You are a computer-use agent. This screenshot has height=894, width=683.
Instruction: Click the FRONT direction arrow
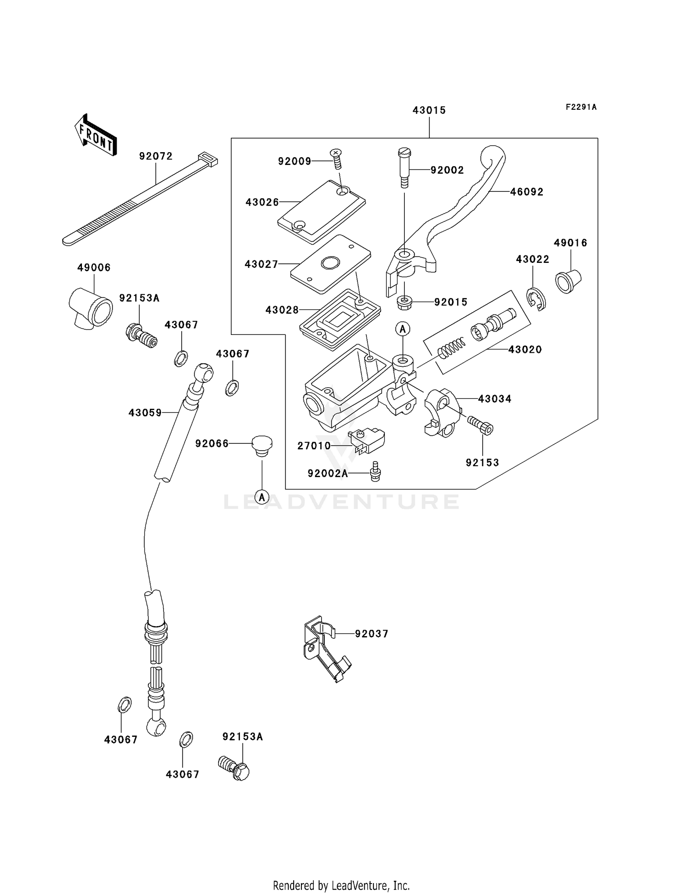(96, 135)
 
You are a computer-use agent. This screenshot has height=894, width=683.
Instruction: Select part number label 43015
(429, 110)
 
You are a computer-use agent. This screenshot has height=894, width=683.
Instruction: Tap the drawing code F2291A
(581, 107)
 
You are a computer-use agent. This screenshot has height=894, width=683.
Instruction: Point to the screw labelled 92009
(336, 158)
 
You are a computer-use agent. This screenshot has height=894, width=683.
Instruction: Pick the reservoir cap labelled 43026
(321, 211)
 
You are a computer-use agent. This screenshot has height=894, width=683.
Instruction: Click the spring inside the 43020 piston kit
(451, 348)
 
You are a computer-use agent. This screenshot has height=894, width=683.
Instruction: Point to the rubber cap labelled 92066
(262, 445)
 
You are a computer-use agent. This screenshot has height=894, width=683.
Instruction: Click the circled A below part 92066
(262, 497)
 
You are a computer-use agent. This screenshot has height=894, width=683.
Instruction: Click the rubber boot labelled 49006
(91, 308)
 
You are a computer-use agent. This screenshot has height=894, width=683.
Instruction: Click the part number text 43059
(145, 413)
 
